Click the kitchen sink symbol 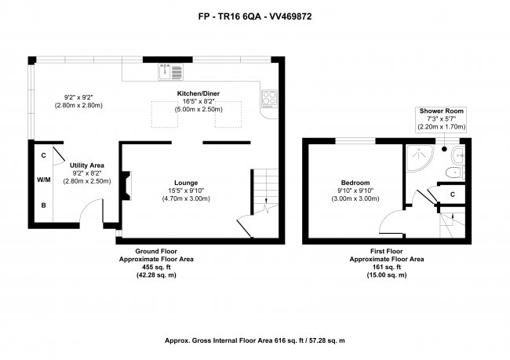[171, 72]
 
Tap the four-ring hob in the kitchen [270, 99]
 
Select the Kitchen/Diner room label [199, 93]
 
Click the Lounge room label [186, 183]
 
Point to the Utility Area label [87, 165]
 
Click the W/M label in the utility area [44, 180]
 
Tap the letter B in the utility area [44, 205]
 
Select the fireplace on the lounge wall [126, 186]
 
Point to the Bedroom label [355, 183]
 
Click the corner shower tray [420, 158]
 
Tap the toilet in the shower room [455, 173]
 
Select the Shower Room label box [442, 119]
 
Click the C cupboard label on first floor [453, 195]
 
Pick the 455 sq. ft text [156, 267]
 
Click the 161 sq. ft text [387, 267]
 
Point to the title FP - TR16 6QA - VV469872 [255, 16]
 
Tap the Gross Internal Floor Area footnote [255, 341]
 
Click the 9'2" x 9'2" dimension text [78, 97]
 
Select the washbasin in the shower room [458, 156]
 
